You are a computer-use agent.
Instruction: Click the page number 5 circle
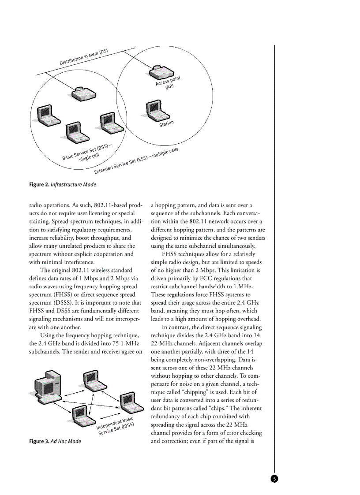[x=274, y=479]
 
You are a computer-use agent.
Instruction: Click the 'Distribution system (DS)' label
[x=84, y=57]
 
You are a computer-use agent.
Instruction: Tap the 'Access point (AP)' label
[x=168, y=83]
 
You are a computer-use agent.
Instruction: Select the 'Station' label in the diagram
[x=167, y=124]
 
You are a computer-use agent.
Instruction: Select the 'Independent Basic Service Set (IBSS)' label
[x=115, y=425]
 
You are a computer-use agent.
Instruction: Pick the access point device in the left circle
[x=83, y=93]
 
